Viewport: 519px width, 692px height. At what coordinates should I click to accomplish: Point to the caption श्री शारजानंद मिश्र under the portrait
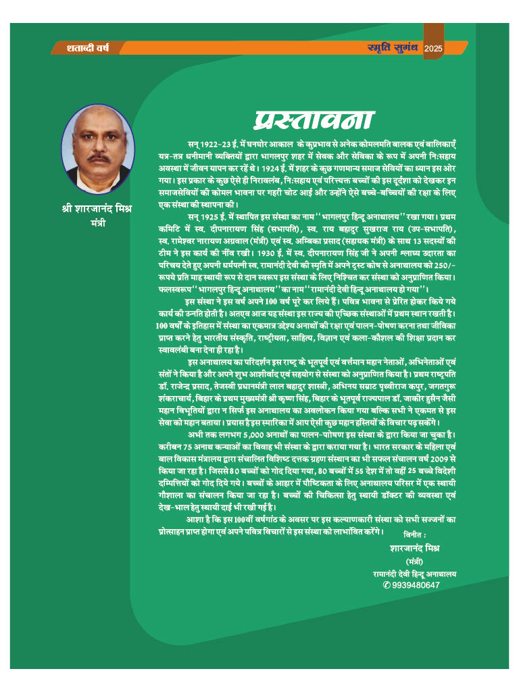pos(97,208)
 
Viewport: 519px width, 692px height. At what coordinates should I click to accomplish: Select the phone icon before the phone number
pos(387,585)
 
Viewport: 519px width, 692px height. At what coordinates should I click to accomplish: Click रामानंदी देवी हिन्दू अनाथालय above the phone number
pos(415,573)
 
